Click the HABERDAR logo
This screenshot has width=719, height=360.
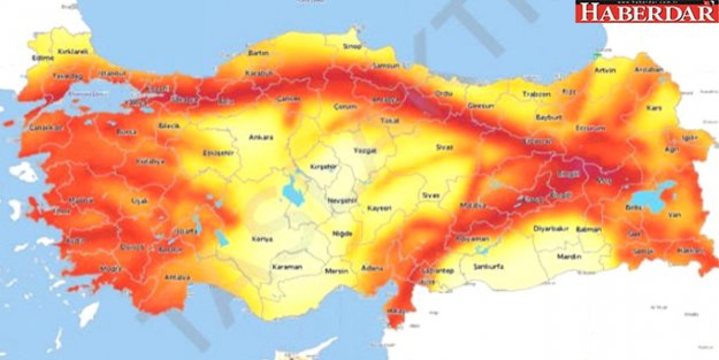pyautogui.click(x=647, y=11)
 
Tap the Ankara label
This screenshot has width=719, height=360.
pyautogui.click(x=261, y=136)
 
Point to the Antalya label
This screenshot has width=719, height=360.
pyautogui.click(x=177, y=277)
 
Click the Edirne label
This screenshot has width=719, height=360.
pyautogui.click(x=43, y=57)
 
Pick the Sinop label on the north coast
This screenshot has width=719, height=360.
pyautogui.click(x=352, y=46)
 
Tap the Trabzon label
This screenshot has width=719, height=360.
pyautogui.click(x=536, y=94)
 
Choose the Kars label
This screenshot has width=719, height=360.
pyautogui.click(x=654, y=107)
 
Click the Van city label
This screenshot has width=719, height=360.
pyautogui.click(x=674, y=215)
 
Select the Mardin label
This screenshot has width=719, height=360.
pyautogui.click(x=569, y=257)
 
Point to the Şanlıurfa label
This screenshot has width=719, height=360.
pyautogui.click(x=488, y=266)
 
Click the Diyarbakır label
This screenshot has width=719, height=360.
pyautogui.click(x=551, y=229)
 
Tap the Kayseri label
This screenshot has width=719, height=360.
pyautogui.click(x=379, y=208)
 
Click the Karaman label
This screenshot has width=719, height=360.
pyautogui.click(x=286, y=267)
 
